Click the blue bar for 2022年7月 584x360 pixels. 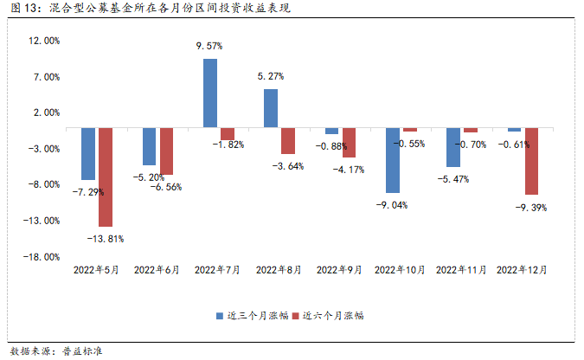coord(209,93)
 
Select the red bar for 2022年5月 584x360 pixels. coord(106,177)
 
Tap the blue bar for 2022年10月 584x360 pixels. coord(393,160)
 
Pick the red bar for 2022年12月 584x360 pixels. coord(531,161)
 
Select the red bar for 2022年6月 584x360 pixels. coord(166,151)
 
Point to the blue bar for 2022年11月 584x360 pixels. coord(453,147)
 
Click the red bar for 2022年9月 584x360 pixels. coord(349,142)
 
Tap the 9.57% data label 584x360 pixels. coord(210,45)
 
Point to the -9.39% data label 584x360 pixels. coord(531,207)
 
